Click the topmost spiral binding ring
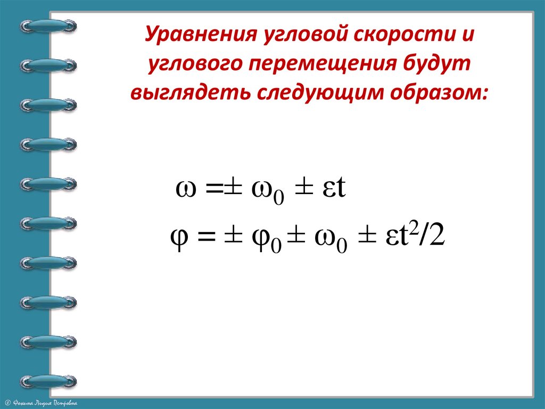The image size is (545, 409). pos(48,26)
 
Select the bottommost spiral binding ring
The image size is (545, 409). pos(48,381)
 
